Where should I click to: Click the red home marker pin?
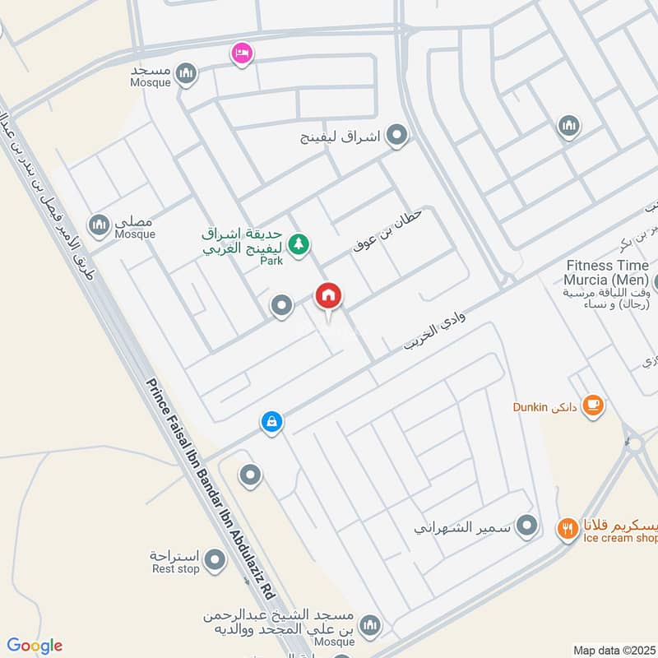328,296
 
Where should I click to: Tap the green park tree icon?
300,243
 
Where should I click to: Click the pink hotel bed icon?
241,53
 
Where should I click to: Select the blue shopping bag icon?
272,423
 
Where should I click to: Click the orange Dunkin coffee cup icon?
592,405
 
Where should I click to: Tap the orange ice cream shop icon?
567,527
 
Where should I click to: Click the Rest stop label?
175,568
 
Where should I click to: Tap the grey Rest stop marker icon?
215,561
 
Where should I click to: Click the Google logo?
34,646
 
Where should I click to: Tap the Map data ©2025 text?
614,650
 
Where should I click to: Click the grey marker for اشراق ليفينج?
398,135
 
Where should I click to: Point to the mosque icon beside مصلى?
100,224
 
